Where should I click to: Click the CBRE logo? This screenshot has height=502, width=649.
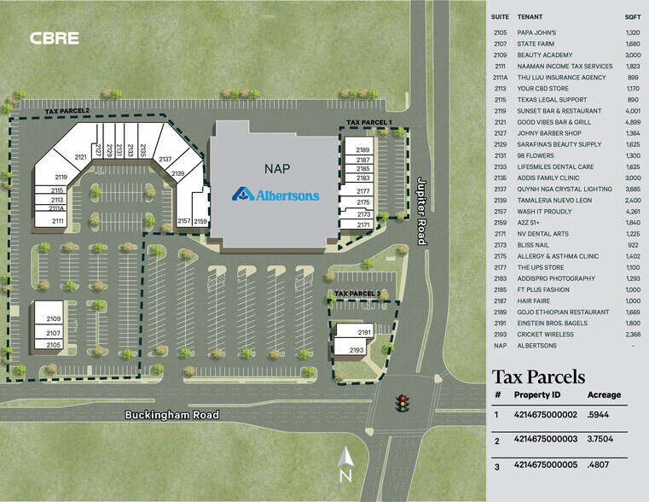(x=55, y=38)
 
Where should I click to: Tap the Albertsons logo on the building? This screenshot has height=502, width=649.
(x=276, y=195)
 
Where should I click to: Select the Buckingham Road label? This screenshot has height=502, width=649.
(x=171, y=416)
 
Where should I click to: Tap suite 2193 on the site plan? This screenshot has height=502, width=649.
(x=357, y=350)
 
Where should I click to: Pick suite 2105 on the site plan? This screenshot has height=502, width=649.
(x=53, y=344)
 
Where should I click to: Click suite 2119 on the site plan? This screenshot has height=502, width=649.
(x=61, y=177)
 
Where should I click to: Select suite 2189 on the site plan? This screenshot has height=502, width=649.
(x=362, y=149)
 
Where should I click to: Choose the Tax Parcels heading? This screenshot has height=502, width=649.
(x=539, y=376)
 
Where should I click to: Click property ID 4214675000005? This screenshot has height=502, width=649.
(x=546, y=468)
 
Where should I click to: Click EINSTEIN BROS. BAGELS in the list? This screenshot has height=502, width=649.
(x=552, y=323)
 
